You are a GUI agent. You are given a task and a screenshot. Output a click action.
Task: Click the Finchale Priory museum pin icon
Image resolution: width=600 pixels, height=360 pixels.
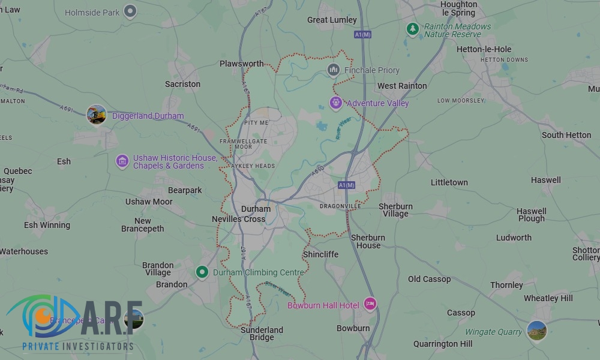333,70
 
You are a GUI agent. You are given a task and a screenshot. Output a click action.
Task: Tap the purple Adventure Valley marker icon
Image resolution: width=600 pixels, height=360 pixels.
336,103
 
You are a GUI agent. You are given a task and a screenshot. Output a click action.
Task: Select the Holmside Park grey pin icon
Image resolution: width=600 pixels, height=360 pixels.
130,11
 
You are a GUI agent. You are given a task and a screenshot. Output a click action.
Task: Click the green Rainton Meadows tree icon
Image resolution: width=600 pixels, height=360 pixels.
412,28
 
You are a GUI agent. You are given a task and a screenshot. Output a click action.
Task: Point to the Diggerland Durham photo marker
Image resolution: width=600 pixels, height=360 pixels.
96,115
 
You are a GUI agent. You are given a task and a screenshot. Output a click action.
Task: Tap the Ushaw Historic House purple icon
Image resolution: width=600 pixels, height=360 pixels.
122,161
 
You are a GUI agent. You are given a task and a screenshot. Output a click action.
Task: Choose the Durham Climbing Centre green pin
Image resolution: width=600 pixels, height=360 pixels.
203,272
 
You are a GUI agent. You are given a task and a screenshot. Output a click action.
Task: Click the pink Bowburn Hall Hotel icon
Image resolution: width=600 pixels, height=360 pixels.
370,305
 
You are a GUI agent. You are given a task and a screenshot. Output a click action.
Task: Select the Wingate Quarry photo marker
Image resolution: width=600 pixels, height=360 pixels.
536,331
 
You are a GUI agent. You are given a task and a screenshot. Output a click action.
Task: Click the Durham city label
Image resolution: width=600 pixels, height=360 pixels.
256,209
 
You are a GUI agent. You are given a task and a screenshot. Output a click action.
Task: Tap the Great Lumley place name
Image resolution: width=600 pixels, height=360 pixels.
332,20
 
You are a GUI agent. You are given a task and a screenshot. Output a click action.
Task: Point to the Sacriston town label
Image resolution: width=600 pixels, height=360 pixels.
182,84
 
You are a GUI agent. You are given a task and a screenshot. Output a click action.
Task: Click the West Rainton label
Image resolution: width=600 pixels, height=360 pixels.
402,86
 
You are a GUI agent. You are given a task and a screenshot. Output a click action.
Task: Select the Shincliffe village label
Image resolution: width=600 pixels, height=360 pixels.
320,254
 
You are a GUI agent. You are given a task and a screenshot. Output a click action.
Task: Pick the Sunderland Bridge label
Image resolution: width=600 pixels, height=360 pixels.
262,334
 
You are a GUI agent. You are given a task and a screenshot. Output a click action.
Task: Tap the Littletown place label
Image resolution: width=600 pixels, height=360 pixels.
449,182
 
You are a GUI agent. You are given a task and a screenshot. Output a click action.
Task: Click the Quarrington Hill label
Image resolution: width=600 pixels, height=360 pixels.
443,344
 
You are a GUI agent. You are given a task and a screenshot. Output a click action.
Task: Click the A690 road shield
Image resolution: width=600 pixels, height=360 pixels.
318,171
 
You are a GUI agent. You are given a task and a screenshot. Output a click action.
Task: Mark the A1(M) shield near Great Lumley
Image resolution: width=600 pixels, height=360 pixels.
363,34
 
